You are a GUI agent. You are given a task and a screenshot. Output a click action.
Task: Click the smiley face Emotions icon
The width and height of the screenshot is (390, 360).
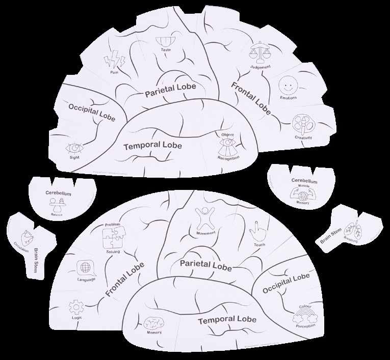288,85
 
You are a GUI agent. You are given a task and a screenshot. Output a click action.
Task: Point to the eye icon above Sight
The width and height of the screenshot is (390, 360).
74,148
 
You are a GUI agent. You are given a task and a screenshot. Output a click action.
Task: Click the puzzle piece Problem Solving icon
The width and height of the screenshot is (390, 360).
113,237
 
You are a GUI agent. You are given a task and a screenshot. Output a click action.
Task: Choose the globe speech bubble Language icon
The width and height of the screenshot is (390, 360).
84,268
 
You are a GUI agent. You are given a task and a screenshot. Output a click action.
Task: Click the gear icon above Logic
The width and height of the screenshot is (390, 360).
75,307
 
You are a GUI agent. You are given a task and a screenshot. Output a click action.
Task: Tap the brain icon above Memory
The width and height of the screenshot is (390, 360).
154,322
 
